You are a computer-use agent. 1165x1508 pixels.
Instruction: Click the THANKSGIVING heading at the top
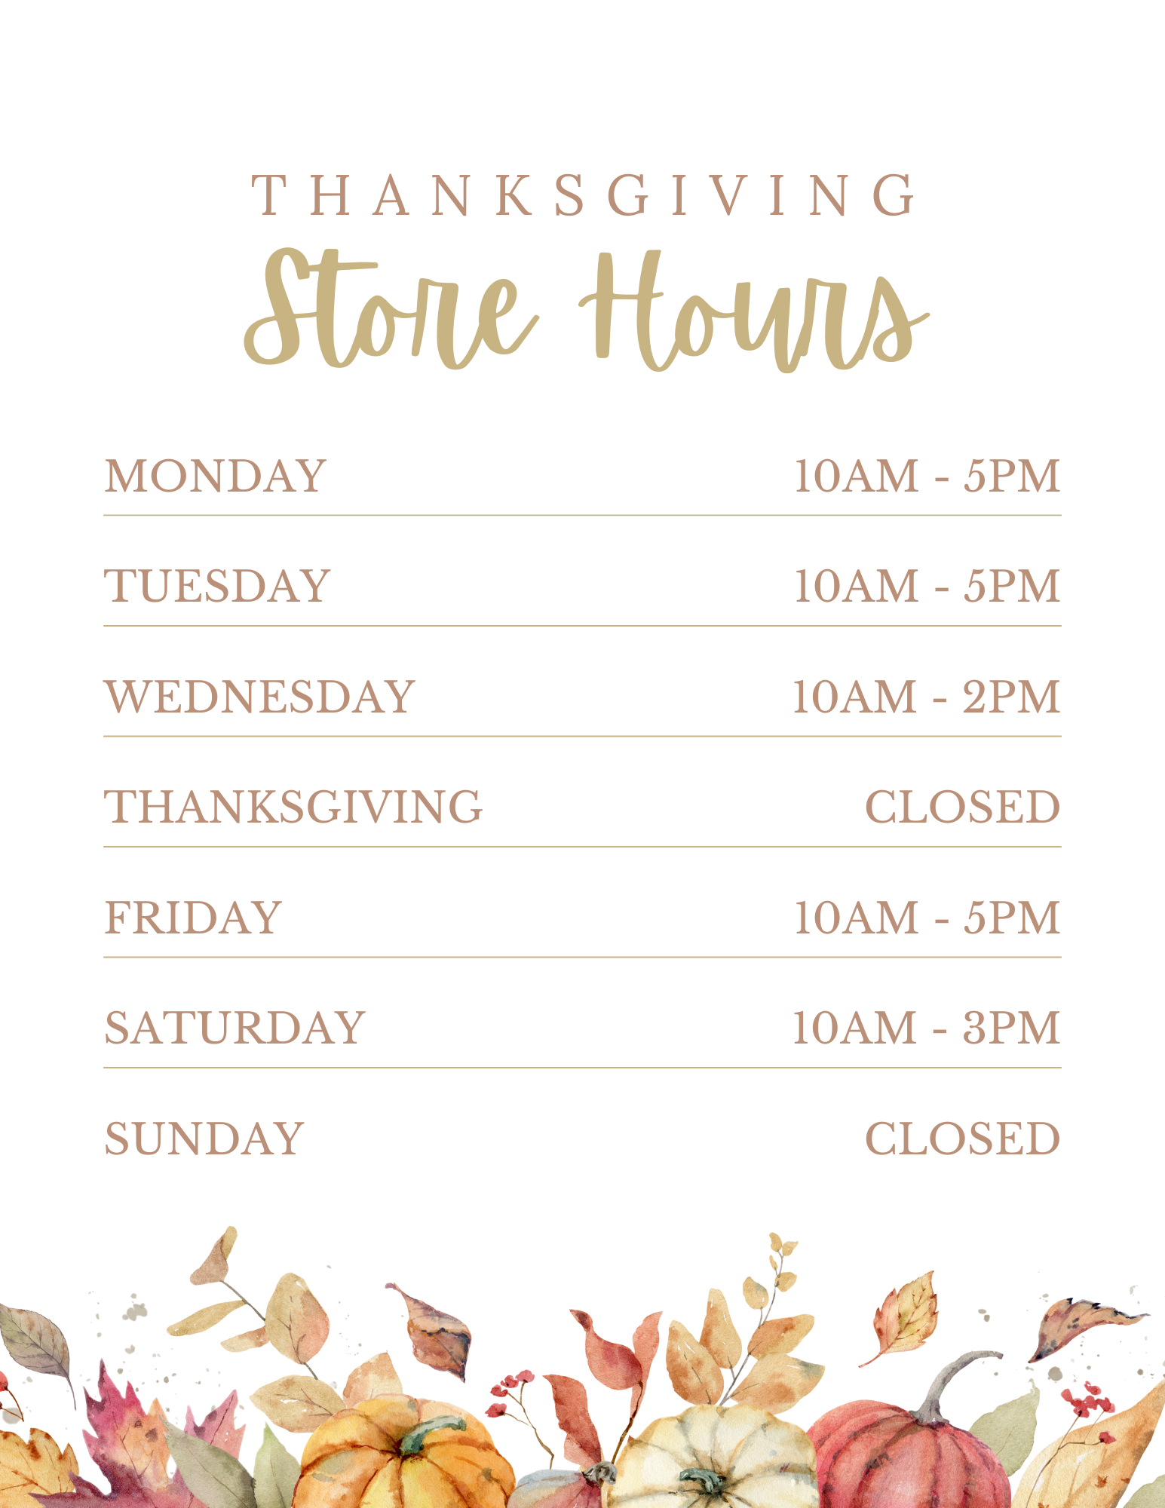pyautogui.click(x=583, y=195)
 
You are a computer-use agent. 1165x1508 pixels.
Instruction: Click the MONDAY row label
pyautogui.click(x=216, y=477)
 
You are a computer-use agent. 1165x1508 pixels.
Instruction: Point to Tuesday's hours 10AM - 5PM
pyautogui.click(x=927, y=587)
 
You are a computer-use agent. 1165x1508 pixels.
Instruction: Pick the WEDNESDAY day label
pyautogui.click(x=260, y=697)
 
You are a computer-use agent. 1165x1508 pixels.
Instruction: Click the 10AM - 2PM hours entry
pyautogui.click(x=926, y=697)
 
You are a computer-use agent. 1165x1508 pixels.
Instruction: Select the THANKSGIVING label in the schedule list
pyautogui.click(x=293, y=807)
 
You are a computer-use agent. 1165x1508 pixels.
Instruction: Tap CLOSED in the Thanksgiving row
pyautogui.click(x=962, y=807)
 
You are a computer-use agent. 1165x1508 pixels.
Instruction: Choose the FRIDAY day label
pyautogui.click(x=193, y=918)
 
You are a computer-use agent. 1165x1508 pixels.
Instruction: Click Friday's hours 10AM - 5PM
pyautogui.click(x=927, y=918)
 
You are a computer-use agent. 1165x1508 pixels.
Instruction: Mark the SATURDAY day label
pyautogui.click(x=235, y=1028)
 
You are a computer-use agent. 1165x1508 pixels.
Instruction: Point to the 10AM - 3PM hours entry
pyautogui.click(x=926, y=1028)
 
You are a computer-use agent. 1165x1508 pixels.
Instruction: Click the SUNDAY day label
pyautogui.click(x=204, y=1139)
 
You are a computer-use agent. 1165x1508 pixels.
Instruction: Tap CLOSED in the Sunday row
pyautogui.click(x=962, y=1139)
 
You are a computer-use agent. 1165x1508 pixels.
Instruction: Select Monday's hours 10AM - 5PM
pyautogui.click(x=927, y=477)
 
